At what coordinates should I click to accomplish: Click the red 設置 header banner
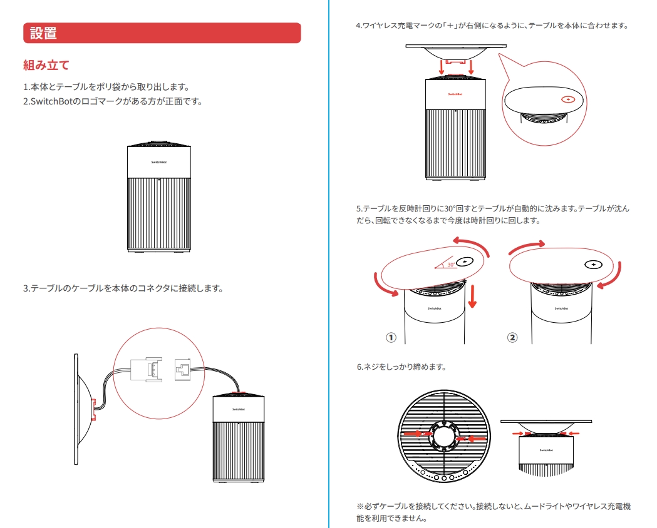(x=162, y=33)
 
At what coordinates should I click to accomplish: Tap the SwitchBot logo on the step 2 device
(x=159, y=161)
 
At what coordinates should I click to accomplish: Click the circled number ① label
(x=391, y=337)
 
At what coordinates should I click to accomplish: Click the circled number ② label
(x=512, y=337)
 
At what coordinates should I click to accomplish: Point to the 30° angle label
(x=451, y=265)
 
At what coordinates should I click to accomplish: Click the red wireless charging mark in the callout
(x=568, y=99)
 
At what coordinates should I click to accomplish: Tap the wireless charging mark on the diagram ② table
(x=593, y=264)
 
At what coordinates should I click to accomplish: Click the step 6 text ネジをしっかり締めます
(x=401, y=367)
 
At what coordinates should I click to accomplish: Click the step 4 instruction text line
(x=492, y=26)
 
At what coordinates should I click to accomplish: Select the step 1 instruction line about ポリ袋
(x=106, y=87)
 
